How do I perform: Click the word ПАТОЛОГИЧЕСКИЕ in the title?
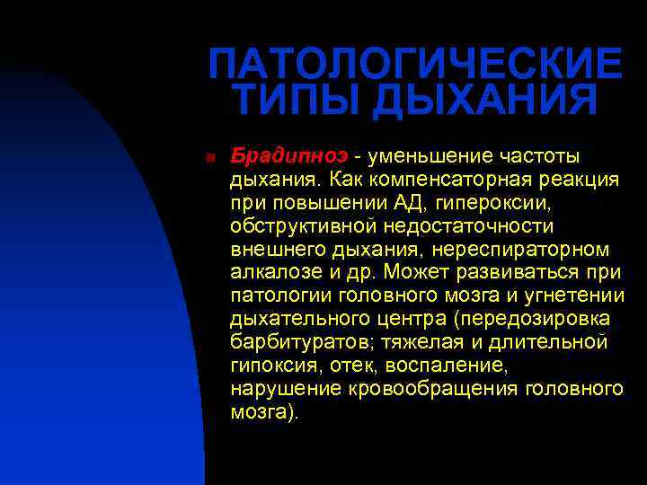point(414,64)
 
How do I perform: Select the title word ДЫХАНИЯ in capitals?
point(485,100)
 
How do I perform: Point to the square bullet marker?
point(208,156)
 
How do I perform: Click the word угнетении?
point(574,295)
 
